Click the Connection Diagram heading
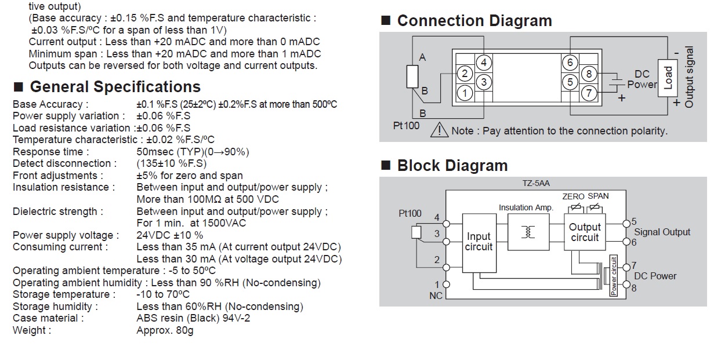474,21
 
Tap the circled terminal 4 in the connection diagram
483,63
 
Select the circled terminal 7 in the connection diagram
589,93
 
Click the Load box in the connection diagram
668,78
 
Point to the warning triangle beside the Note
439,130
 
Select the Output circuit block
585,232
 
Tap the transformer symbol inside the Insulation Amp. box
528,232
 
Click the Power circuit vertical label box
614,276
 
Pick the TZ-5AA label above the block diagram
536,183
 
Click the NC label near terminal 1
436,296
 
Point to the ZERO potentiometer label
573,196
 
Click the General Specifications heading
115,87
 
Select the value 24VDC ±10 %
169,235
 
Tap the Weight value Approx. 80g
165,330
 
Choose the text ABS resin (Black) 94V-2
193,318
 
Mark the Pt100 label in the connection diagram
406,125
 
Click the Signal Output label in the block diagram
662,232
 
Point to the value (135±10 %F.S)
171,163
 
